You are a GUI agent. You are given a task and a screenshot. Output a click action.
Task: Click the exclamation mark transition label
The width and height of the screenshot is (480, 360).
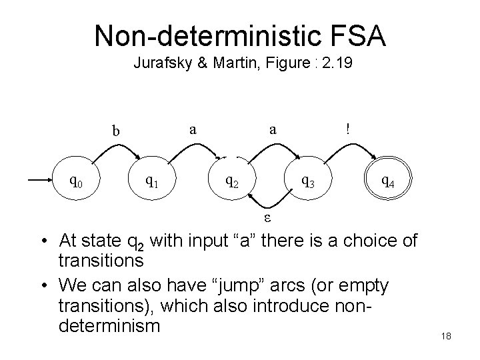347,129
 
